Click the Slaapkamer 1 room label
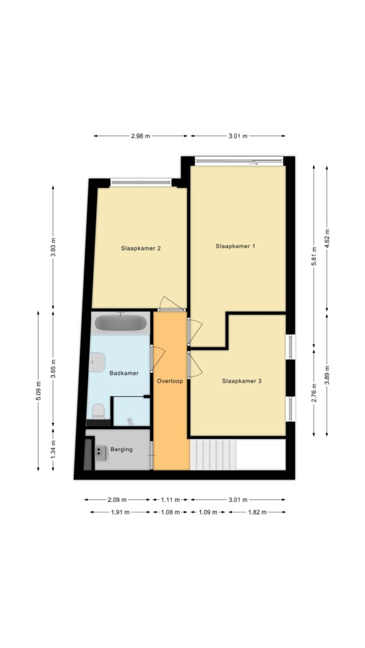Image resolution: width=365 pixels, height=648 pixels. (235, 246)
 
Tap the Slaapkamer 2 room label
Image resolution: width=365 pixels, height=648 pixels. (141, 248)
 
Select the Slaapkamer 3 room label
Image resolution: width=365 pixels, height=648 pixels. (241, 381)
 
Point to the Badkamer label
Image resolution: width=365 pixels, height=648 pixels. (124, 373)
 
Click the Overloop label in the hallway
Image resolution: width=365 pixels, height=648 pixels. (170, 381)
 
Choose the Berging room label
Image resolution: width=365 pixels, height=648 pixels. (122, 449)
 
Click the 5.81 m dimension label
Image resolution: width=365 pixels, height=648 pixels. (314, 257)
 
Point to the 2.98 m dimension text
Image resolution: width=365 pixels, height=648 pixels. (140, 136)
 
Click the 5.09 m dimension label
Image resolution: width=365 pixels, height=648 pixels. (38, 390)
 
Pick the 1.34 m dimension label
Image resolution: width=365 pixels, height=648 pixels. (53, 449)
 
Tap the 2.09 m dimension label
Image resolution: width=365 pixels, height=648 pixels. (117, 500)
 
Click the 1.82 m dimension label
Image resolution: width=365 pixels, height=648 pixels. (257, 512)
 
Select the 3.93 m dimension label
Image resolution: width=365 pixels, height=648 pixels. (53, 248)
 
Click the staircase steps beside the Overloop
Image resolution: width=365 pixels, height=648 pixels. (213, 454)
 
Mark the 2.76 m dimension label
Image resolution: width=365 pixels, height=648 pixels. (314, 393)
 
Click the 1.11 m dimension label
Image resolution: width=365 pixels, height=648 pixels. (170, 500)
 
